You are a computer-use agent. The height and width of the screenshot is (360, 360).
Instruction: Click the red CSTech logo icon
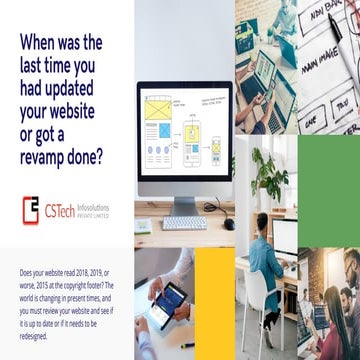(x=31, y=208)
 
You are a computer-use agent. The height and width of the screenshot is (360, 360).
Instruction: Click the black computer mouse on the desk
(x=229, y=223)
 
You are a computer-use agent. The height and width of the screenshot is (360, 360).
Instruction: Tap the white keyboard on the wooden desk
(x=183, y=222)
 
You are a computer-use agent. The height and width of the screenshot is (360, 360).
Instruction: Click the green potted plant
(x=270, y=173)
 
